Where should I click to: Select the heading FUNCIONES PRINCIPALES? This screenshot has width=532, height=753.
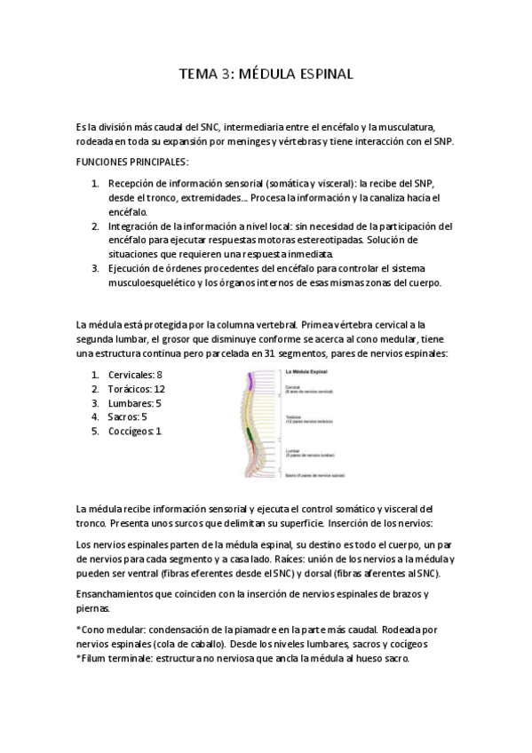click(132, 162)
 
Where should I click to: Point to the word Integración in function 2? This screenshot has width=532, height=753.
click(137, 226)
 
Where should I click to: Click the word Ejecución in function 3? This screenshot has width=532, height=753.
click(133, 269)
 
